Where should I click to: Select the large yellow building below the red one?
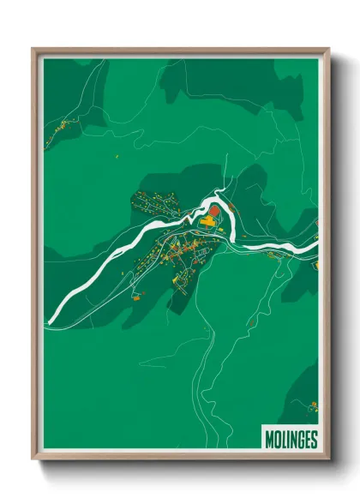207,224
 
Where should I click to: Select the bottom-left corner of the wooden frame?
33,459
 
